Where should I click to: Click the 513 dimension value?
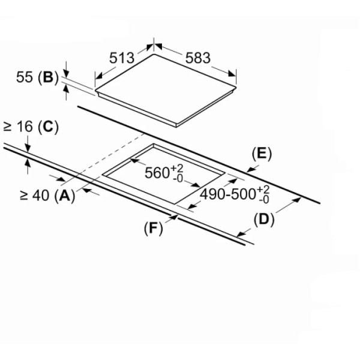point(122,58)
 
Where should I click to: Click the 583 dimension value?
point(198,58)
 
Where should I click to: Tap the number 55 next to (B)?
point(25,77)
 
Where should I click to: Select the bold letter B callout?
point(48,77)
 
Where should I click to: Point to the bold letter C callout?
point(48,127)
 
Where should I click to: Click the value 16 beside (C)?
point(25,127)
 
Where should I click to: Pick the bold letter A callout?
point(65,196)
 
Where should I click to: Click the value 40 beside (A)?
point(41,196)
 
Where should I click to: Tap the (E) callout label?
point(262,154)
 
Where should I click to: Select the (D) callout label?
point(264,220)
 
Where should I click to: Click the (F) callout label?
point(154,229)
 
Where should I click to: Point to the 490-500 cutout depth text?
point(228,194)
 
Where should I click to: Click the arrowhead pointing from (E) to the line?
point(251,170)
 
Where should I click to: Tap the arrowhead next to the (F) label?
point(174,217)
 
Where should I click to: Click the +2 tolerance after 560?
point(177,169)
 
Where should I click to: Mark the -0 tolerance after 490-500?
point(264,199)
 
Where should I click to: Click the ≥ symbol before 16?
point(7,127)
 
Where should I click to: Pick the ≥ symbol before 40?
point(23,196)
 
